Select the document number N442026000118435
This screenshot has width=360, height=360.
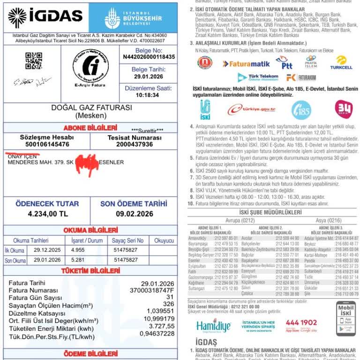[x=149, y=57]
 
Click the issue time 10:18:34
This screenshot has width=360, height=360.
[x=147, y=95]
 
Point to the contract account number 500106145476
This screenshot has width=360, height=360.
[x=47, y=144]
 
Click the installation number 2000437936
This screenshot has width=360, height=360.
[x=135, y=144]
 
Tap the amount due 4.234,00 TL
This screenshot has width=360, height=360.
[x=47, y=214]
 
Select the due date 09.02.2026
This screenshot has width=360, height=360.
[x=135, y=214]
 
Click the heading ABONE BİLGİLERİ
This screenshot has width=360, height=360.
[x=90, y=127]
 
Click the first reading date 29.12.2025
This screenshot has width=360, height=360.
[x=47, y=250]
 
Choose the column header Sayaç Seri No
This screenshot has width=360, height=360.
[x=128, y=240]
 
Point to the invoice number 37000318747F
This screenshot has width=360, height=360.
[x=152, y=291]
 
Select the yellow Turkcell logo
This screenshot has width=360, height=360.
[x=341, y=63]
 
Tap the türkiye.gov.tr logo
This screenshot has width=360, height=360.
[x=251, y=110]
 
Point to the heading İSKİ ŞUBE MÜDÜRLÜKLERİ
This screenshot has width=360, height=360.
[x=270, y=212]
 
